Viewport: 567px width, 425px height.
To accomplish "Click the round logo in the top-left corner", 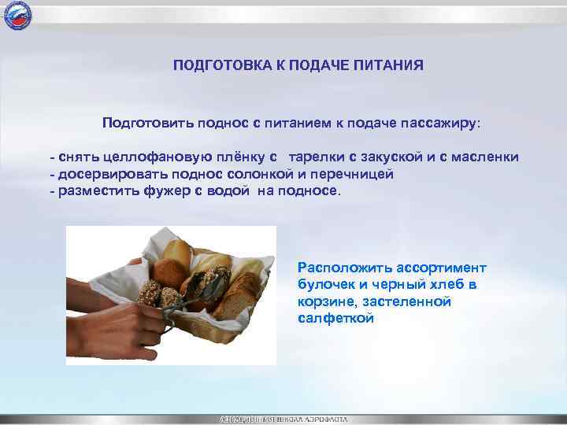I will pos(17,15).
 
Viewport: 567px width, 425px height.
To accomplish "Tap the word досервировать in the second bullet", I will pos(104,175).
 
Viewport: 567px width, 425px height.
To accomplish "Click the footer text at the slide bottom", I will pos(283,419).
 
